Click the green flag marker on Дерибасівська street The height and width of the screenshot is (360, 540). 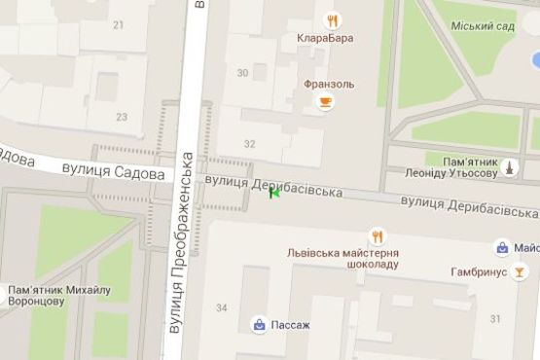[274, 193]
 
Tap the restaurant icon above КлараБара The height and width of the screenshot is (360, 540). [333, 19]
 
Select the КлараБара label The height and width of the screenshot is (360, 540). [325, 39]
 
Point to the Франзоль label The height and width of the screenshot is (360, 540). [329, 84]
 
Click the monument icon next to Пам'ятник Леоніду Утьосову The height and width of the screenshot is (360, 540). [509, 167]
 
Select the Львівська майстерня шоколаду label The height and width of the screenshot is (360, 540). [342, 258]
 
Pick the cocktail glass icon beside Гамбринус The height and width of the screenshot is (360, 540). [522, 271]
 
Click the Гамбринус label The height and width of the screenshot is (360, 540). [480, 272]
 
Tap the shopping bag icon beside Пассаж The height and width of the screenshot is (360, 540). [260, 323]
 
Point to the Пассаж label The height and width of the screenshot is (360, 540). [292, 324]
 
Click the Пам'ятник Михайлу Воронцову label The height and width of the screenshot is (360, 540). [58, 295]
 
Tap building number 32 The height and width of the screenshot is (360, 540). [250, 144]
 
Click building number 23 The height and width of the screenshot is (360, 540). [122, 117]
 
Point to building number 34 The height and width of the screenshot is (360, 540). [221, 308]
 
